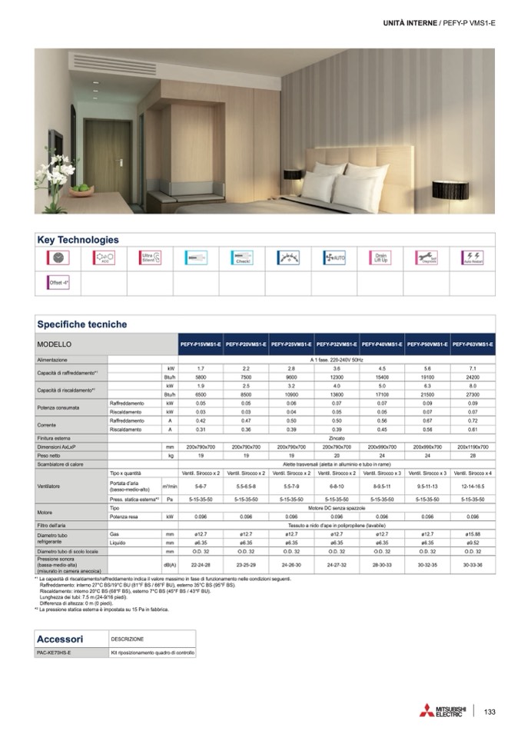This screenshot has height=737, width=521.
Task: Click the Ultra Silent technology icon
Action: point(148,258)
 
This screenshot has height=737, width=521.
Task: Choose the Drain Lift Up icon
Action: point(380,258)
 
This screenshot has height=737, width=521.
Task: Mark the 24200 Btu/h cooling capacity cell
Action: point(473,377)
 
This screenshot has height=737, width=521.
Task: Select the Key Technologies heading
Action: point(78,240)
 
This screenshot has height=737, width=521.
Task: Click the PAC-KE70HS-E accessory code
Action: point(55,653)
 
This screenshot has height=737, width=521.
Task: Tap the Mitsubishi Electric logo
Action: point(443,710)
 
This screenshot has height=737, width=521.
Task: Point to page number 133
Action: point(490,711)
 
